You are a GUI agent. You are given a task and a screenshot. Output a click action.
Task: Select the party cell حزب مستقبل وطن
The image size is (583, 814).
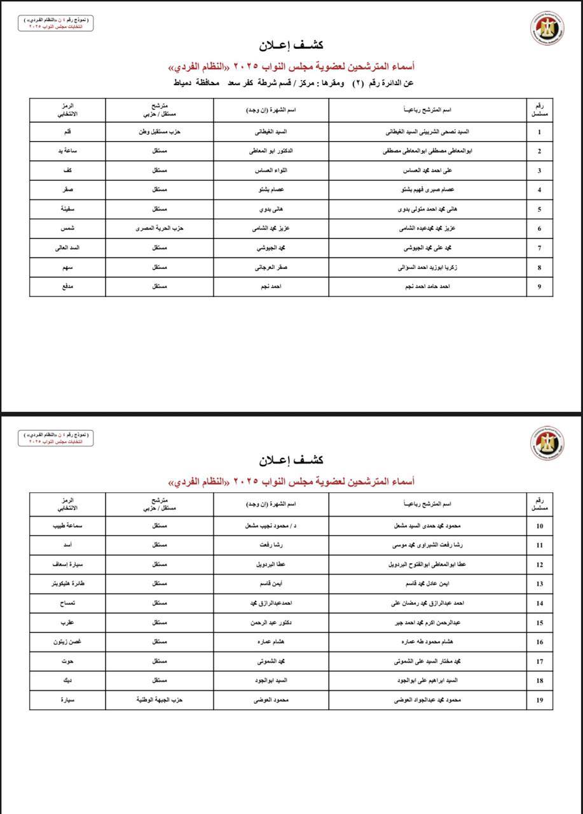[160, 132]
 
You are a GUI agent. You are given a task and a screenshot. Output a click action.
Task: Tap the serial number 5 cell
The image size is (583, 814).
[539, 209]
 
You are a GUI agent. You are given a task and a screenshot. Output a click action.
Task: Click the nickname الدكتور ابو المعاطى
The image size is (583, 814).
[271, 151]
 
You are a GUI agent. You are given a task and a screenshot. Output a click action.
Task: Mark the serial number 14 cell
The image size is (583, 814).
[539, 604]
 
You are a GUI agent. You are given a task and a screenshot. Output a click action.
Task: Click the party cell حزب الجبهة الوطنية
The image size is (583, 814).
[160, 700]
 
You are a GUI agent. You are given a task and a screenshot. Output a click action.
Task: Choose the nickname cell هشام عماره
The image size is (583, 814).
[271, 642]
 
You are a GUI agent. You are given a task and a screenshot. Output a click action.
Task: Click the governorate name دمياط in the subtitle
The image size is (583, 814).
[184, 83]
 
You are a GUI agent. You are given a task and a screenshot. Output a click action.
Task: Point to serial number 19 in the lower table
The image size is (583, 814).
[539, 700]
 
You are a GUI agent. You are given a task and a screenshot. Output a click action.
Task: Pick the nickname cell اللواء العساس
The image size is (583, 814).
[271, 171]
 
